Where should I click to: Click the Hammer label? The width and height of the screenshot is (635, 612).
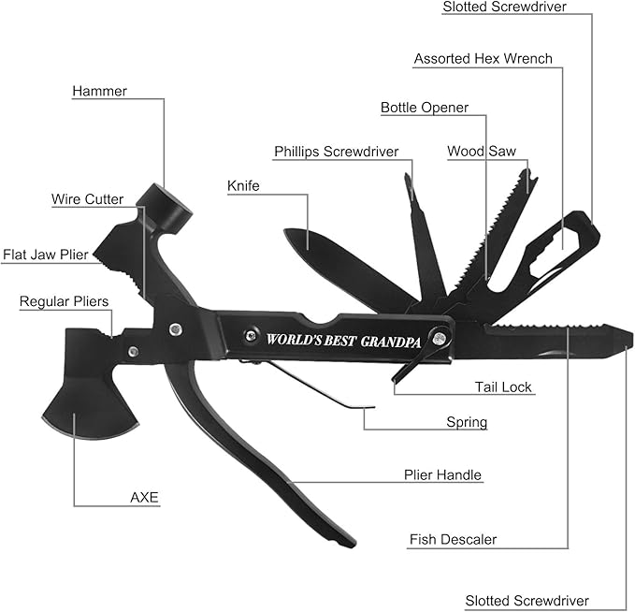(99, 92)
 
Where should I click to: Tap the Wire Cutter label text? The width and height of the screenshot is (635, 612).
(87, 199)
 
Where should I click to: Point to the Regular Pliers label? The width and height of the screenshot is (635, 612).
(64, 301)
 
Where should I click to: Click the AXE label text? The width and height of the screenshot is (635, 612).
(145, 497)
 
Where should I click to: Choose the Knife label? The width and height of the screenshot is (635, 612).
(243, 186)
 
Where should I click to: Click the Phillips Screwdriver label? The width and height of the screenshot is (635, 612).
(336, 152)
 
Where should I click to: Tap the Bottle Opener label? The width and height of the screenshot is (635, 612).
(424, 108)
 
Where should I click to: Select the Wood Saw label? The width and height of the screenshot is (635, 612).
(481, 151)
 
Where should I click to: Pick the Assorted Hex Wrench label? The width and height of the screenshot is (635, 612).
(483, 59)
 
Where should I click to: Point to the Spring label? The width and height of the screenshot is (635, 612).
(466, 422)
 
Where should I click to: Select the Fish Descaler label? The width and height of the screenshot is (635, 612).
(453, 539)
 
